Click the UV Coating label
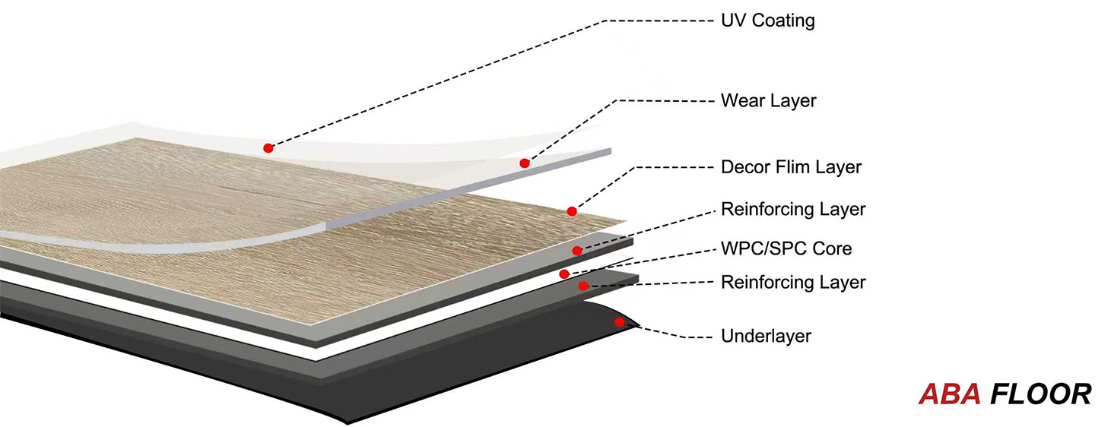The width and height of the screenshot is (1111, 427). [x=767, y=21]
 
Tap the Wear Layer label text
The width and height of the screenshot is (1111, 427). [x=768, y=100]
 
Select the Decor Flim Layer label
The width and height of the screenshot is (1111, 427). [x=791, y=166]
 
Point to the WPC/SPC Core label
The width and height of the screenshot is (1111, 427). [x=786, y=248]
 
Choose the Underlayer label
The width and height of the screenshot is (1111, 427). [x=766, y=336]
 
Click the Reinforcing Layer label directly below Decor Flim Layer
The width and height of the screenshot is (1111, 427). [x=793, y=208]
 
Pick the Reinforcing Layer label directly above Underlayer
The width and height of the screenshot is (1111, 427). [x=793, y=283]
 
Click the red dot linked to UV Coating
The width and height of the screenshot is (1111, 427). [x=268, y=147]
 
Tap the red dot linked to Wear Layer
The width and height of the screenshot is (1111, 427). [x=524, y=163]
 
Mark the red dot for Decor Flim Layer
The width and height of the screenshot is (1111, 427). [x=572, y=211]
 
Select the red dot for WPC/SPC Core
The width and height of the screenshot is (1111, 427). [x=563, y=274]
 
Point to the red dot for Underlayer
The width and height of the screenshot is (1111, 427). [x=619, y=322]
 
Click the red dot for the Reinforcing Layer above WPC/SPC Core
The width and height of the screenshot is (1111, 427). [x=577, y=251]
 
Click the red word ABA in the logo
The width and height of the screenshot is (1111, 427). [x=949, y=394]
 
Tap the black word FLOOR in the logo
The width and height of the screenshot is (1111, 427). [x=1041, y=394]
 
